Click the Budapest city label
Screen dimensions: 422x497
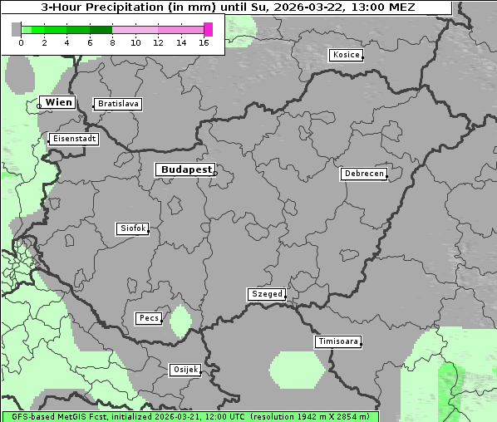coord(185,169)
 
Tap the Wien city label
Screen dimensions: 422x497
coord(58,102)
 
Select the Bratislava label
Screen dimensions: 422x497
coord(117,104)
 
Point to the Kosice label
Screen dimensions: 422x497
coord(345,55)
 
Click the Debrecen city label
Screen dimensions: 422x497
coord(363,174)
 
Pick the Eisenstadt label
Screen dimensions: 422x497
coord(73,139)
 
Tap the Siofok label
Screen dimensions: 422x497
coord(132,228)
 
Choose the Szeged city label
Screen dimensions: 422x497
coord(267,294)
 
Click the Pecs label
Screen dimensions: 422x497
coord(149,318)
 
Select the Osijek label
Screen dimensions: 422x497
coord(185,370)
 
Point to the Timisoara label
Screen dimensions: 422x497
coord(337,341)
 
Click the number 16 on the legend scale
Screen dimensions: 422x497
coord(204,42)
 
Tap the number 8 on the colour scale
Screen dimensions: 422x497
coord(112,42)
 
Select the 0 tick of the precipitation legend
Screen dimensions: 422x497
coord(21,42)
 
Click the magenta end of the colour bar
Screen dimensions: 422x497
coord(208,29)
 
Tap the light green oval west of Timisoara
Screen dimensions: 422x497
coord(297,370)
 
